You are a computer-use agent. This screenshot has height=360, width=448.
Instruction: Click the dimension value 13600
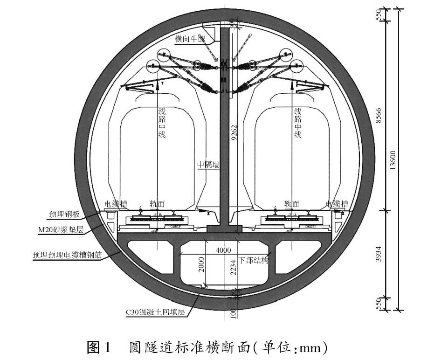click(393, 159)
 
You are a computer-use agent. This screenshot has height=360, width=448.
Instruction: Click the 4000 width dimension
click(223, 250)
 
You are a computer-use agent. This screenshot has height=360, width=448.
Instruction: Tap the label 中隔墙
click(208, 165)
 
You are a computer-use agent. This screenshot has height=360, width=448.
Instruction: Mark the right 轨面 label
click(291, 204)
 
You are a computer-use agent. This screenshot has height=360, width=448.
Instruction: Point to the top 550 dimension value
click(379, 14)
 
